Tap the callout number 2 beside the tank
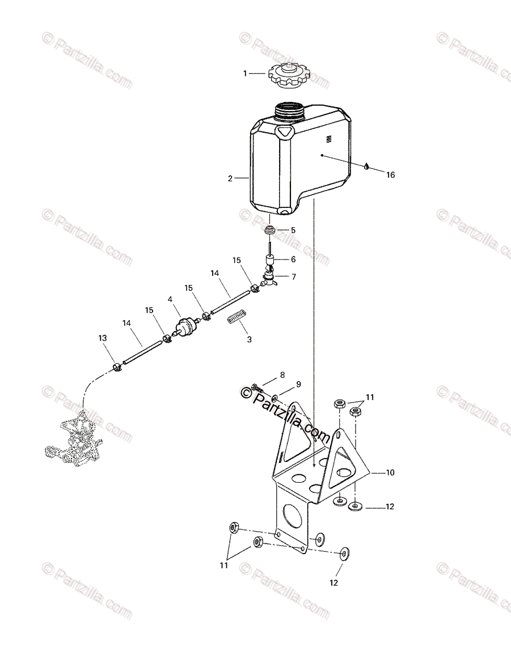(x=230, y=178)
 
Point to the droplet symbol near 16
(x=368, y=167)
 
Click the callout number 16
(x=390, y=175)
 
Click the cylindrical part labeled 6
(x=270, y=263)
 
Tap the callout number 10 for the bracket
(x=390, y=472)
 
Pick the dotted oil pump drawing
(x=77, y=439)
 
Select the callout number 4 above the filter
(x=170, y=299)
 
